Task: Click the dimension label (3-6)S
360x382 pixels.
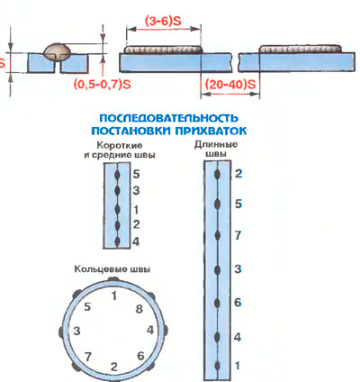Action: coord(163,22)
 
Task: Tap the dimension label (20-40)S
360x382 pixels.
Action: coord(230,85)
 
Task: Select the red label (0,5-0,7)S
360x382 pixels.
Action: coord(103,85)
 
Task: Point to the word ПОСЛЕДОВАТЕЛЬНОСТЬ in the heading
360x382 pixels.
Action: coord(168,118)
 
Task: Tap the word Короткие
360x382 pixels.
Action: coord(120,146)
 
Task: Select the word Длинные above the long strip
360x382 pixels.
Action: coord(216,144)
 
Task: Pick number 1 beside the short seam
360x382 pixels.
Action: coord(136,210)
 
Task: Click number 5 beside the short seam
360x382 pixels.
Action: coord(136,174)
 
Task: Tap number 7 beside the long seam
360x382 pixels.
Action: coord(238,235)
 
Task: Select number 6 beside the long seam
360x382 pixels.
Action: coord(238,303)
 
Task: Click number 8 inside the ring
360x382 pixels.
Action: coord(139,309)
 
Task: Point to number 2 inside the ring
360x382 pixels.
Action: coord(114,367)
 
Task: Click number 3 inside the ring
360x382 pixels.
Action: coord(76,331)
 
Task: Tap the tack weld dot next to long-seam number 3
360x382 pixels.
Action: coord(217,269)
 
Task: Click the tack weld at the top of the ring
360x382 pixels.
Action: coord(113,279)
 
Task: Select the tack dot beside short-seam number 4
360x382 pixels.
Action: coord(118,241)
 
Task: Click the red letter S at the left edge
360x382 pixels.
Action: coord(2,63)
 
